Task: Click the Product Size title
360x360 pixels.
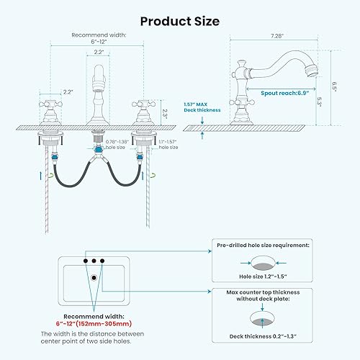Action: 179,21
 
